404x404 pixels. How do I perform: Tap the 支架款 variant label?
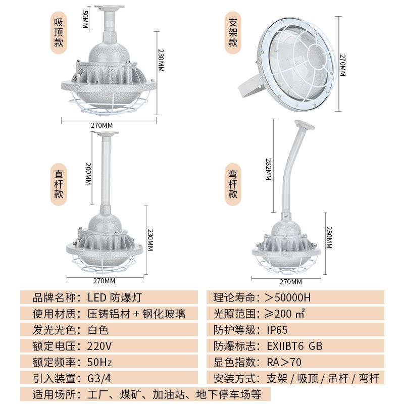click(x=233, y=32)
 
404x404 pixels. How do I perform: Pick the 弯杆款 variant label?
click(x=233, y=183)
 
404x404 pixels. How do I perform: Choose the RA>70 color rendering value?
click(x=284, y=362)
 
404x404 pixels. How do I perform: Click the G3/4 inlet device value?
click(x=98, y=378)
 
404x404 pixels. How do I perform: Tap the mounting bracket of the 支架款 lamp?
click(x=250, y=86)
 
